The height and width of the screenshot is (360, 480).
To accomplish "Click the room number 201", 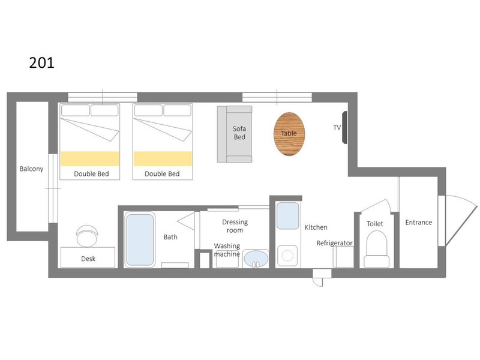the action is point(41,63).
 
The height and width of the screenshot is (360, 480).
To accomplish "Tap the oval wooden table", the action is point(289,134).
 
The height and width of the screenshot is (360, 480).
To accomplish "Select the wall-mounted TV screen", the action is point(344,127).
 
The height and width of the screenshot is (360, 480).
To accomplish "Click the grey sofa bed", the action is point(235,134).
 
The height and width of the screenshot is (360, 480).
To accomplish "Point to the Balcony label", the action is point(32,169).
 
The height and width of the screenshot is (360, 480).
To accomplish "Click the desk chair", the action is point(87,236).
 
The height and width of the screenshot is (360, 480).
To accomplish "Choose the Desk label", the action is point(88,259).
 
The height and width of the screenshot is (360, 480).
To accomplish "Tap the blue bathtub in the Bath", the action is point(140,239).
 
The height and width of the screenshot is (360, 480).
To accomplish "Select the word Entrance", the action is point(418,222).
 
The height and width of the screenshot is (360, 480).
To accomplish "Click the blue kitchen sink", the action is point(288,215).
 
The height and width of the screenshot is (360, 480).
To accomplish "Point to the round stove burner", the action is point(287,256).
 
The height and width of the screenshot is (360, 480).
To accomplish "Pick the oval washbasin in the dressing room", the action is point(256,259).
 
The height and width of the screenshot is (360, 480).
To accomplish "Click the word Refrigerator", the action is point(334,243).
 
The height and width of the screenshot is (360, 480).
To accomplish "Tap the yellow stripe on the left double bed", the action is point(89,158).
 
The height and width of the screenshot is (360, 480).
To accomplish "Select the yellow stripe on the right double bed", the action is point(163,158).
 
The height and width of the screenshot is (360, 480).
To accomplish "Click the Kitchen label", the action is point(316,227).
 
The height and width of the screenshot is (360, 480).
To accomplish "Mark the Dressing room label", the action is point(235,226).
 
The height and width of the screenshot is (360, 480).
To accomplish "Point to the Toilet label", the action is point(374,224).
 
